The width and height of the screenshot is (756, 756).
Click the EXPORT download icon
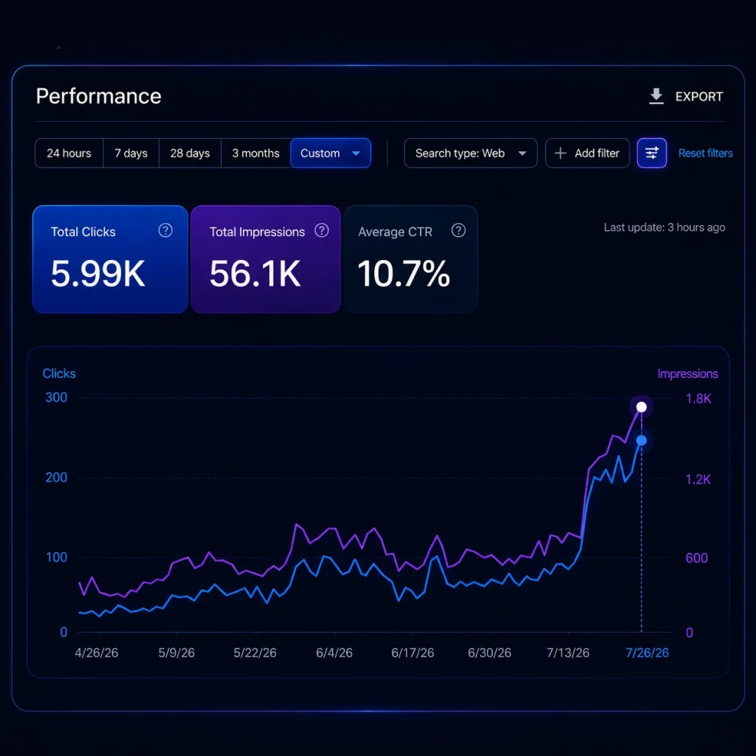click(656, 96)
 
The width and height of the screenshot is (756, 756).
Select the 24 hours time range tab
click(69, 154)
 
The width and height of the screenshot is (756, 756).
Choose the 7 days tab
click(131, 154)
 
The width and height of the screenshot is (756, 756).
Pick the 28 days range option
click(190, 154)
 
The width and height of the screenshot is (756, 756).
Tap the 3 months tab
click(255, 154)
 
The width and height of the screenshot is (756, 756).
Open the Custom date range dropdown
click(331, 154)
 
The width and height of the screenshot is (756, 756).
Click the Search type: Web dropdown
click(470, 154)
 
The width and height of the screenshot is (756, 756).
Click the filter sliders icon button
click(651, 154)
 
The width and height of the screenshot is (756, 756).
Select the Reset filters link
click(705, 154)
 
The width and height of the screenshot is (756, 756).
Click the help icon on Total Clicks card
click(165, 230)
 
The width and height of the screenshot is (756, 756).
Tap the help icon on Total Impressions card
click(322, 230)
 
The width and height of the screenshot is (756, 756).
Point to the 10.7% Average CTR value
click(404, 274)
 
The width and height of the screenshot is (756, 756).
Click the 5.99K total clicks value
click(98, 274)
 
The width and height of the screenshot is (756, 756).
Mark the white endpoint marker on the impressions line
click(642, 407)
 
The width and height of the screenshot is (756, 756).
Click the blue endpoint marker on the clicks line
click(642, 440)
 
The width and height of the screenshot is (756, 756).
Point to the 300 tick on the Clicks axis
click(56, 397)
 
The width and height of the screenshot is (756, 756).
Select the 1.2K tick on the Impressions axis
click(698, 479)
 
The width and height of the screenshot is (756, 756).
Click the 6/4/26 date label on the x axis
click(334, 653)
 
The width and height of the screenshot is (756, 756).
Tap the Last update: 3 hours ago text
click(664, 227)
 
